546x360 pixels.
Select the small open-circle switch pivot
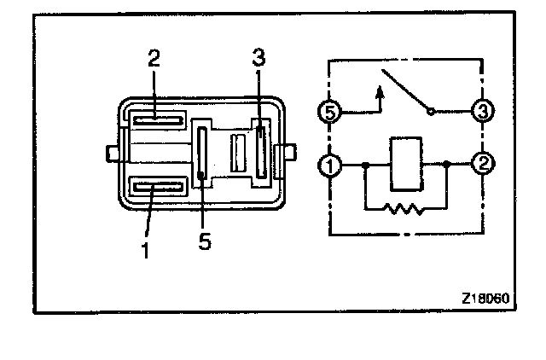(431, 111)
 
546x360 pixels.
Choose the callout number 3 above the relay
(259, 59)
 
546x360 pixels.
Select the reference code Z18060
(484, 299)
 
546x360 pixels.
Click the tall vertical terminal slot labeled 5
(202, 154)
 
